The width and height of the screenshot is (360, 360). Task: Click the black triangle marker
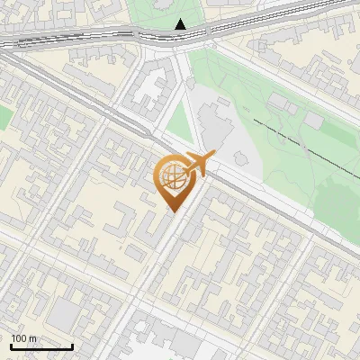[182, 24]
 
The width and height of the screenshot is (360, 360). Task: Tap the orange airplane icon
[198, 165]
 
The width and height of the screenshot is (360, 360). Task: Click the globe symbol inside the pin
[171, 175]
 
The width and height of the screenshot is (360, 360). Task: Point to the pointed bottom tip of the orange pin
[171, 211]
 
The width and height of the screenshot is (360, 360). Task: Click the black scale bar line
[41, 346]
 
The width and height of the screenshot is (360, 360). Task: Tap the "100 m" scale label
[24, 338]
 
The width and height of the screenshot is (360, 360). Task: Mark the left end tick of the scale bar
[11, 345]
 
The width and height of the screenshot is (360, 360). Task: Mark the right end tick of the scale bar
[72, 345]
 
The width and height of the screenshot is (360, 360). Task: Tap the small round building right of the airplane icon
[240, 157]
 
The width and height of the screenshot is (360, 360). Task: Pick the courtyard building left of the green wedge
[148, 90]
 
